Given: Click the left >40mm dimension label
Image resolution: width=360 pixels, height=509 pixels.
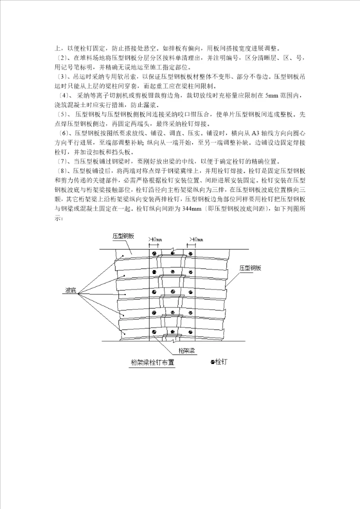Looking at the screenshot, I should (x=155, y=240).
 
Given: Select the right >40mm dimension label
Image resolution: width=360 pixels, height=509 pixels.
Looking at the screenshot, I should (x=196, y=240).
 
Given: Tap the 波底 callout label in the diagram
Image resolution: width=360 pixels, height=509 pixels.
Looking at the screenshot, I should (x=71, y=290).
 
